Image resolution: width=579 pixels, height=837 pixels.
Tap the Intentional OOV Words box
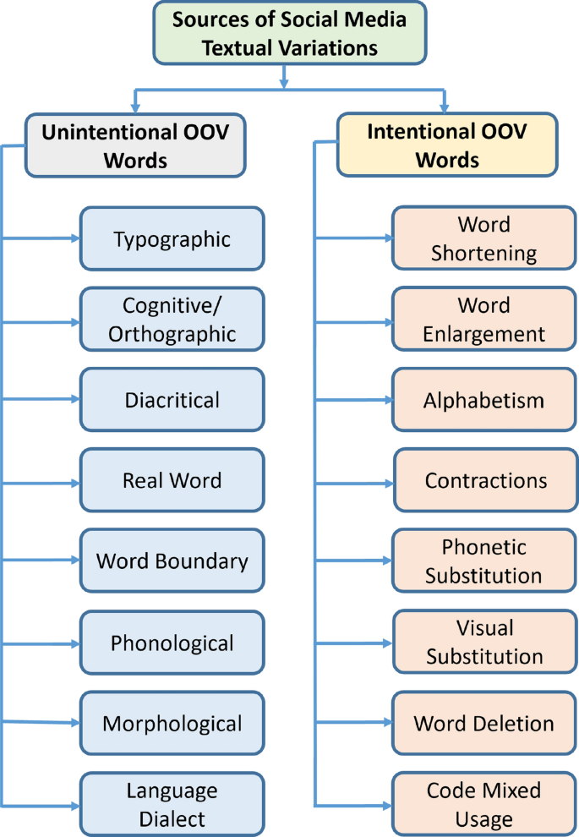pyautogui.click(x=447, y=145)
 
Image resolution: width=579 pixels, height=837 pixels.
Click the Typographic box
pyautogui.click(x=172, y=238)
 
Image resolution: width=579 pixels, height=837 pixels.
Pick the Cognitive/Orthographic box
pyautogui.click(x=172, y=319)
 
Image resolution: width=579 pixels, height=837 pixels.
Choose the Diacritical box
pyautogui.click(x=172, y=400)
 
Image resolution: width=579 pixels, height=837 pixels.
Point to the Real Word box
pyautogui.click(x=172, y=480)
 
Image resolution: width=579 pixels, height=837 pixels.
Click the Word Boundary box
pyautogui.click(x=172, y=561)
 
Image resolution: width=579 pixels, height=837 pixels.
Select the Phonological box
pyautogui.click(x=172, y=643)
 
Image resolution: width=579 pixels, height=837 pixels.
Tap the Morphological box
pyautogui.click(x=172, y=724)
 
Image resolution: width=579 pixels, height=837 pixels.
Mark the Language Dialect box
pyautogui.click(x=172, y=804)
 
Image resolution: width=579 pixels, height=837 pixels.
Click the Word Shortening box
pyautogui.click(x=484, y=238)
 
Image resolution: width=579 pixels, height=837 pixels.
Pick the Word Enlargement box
pyautogui.click(x=484, y=319)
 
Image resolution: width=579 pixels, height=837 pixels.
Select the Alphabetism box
pyautogui.click(x=484, y=400)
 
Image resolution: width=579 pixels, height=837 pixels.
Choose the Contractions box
pyautogui.click(x=484, y=480)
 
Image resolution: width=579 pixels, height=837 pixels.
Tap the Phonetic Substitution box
pyautogui.click(x=484, y=561)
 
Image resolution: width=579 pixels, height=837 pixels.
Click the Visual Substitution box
pyautogui.click(x=484, y=643)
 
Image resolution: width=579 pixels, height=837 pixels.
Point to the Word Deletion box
pyautogui.click(x=484, y=724)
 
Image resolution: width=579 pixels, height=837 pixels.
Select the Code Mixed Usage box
pyautogui.click(x=484, y=804)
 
